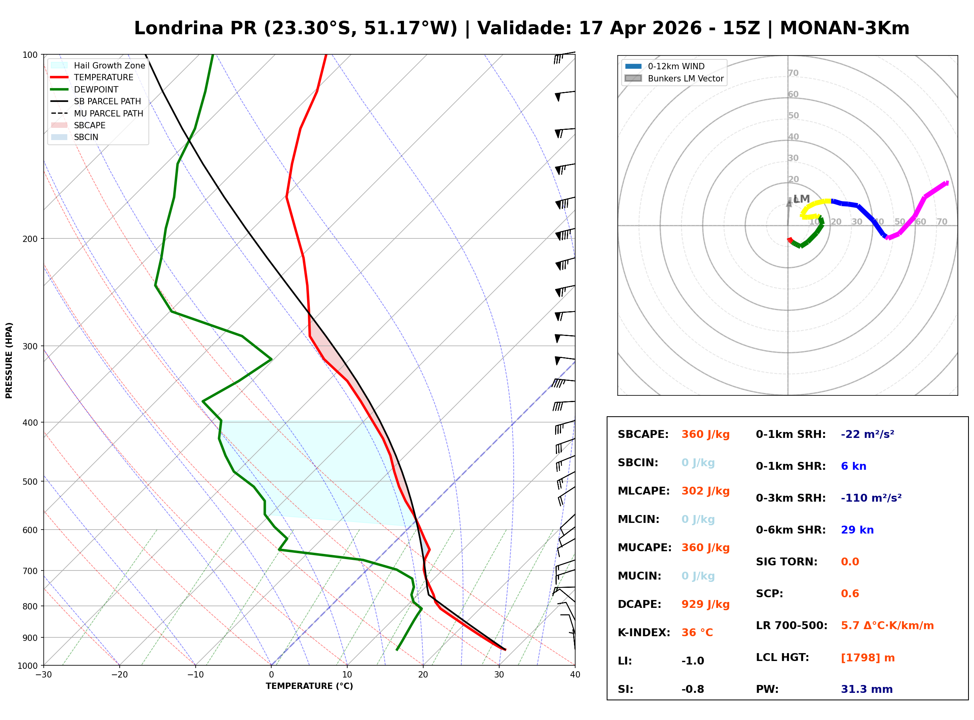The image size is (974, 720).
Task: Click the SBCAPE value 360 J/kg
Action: (x=706, y=434)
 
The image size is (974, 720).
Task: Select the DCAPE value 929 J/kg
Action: (x=706, y=604)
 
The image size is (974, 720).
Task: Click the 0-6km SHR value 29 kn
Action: (x=857, y=530)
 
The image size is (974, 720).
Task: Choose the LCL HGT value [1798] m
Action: (x=868, y=658)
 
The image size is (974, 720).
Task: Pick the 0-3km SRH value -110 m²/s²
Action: (x=871, y=498)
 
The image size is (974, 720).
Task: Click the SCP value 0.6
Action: (x=850, y=594)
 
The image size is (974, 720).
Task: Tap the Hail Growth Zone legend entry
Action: (x=109, y=65)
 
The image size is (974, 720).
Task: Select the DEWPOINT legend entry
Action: (x=96, y=89)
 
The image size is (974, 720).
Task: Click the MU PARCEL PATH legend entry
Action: (x=108, y=113)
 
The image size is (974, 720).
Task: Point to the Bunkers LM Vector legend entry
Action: (x=685, y=78)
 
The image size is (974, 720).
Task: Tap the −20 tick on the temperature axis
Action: (x=119, y=675)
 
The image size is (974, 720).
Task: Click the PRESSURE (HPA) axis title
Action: (x=9, y=360)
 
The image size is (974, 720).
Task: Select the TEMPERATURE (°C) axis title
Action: (x=309, y=686)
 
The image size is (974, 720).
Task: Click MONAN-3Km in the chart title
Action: (x=844, y=28)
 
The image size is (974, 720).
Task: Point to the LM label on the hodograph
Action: (x=801, y=199)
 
